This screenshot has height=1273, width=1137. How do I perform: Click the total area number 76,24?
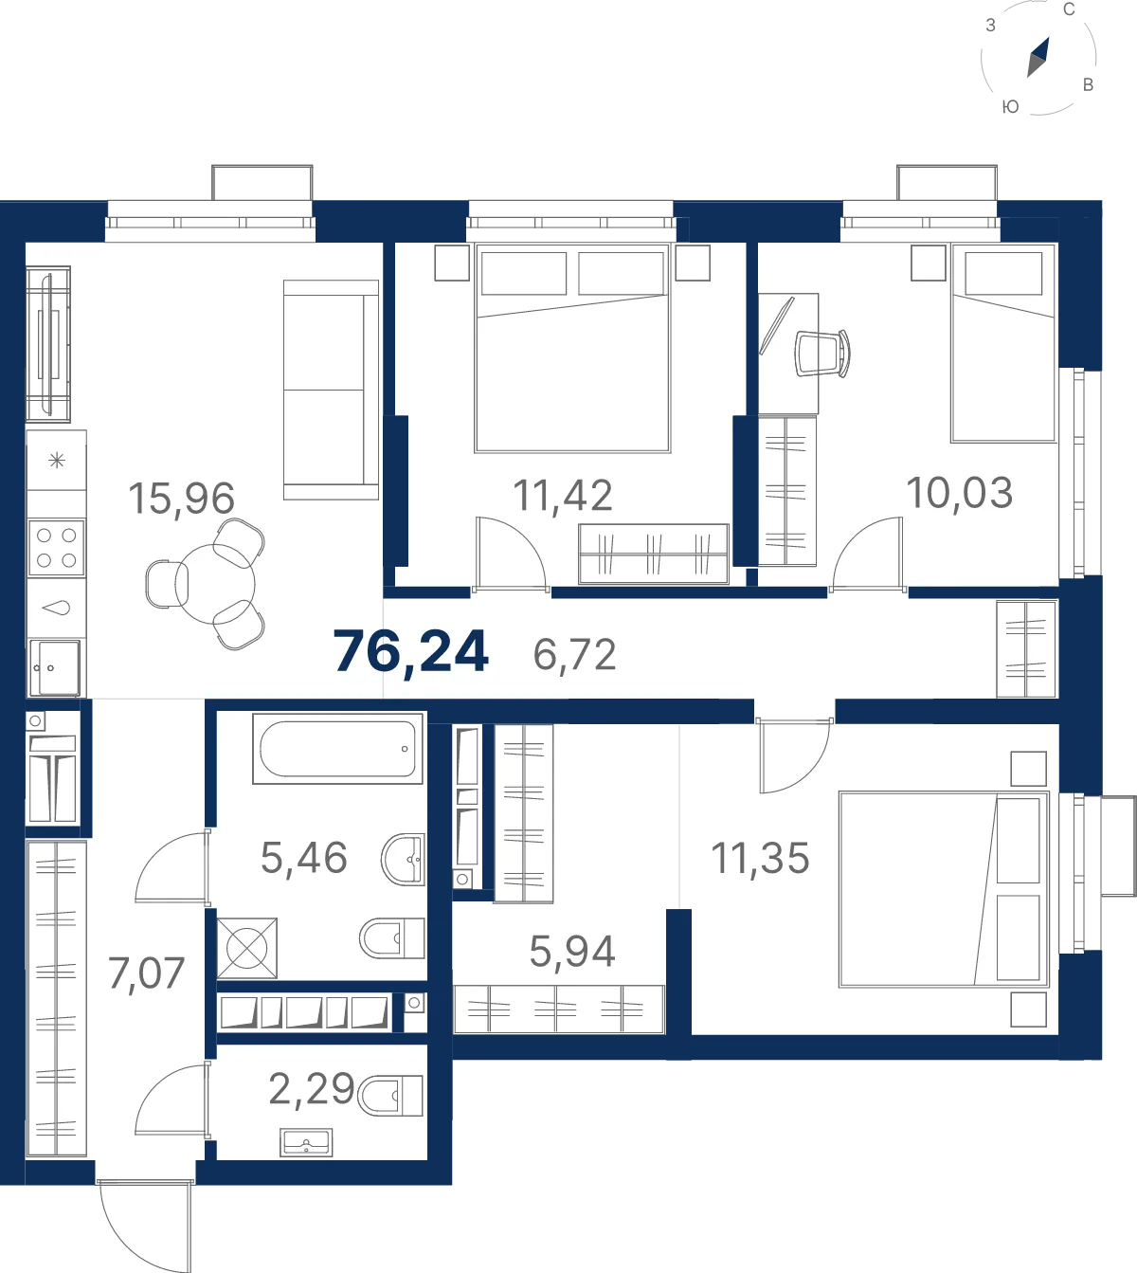pyautogui.click(x=411, y=652)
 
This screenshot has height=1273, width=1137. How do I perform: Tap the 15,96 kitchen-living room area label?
pyautogui.click(x=182, y=499)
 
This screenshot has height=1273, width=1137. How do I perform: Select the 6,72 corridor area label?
pyautogui.click(x=574, y=655)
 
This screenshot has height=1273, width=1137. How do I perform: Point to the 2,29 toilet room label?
pyautogui.click(x=312, y=1089)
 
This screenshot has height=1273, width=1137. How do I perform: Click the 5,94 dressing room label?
pyautogui.click(x=572, y=952)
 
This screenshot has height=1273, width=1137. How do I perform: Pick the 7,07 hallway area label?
pyautogui.click(x=146, y=973)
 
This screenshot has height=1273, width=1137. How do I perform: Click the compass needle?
pyautogui.click(x=1038, y=57)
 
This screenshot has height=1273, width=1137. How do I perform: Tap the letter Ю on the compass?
pyautogui.click(x=1010, y=107)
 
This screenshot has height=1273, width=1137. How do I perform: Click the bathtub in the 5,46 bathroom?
pyautogui.click(x=338, y=748)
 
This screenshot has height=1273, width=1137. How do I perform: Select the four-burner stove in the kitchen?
pyautogui.click(x=57, y=547)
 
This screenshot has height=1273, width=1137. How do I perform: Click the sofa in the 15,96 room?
pyautogui.click(x=331, y=390)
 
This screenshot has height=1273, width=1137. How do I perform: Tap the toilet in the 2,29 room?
pyautogui.click(x=390, y=1096)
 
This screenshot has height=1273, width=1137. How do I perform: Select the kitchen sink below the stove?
pyautogui.click(x=55, y=668)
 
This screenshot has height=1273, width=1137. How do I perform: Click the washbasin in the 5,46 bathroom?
pyautogui.click(x=403, y=859)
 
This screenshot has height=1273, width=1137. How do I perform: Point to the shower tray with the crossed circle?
pyautogui.click(x=247, y=948)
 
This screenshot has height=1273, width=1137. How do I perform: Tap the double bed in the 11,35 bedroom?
pyautogui.click(x=944, y=889)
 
